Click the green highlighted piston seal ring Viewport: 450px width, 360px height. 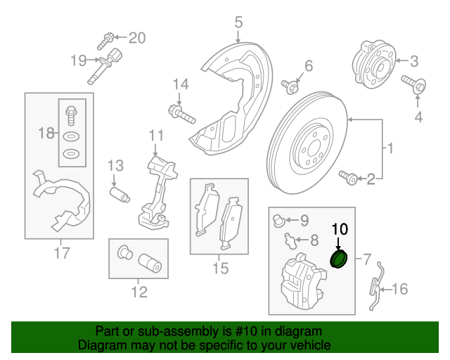tap(339, 260)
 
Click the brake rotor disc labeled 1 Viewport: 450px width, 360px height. tap(309, 144)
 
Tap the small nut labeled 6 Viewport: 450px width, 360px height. tap(289, 86)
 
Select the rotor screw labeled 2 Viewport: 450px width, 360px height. tap(347, 177)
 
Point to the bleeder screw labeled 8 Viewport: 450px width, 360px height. tap(289, 240)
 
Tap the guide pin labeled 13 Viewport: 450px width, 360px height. tap(119, 193)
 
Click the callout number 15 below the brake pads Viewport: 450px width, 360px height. tap(220, 268)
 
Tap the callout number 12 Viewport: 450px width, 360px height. tap(139, 291)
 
